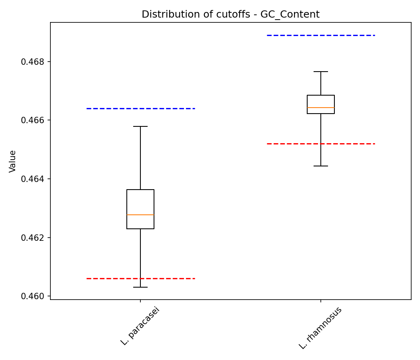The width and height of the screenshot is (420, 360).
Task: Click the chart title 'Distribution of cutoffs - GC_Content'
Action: click(x=230, y=14)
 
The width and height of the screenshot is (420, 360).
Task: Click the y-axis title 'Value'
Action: click(x=13, y=161)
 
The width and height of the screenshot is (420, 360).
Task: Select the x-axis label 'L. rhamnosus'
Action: click(x=320, y=328)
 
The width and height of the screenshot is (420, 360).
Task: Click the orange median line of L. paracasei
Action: click(x=140, y=215)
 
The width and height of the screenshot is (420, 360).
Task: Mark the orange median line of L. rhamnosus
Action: click(x=321, y=108)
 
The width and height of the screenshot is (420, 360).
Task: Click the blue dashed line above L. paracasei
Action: click(x=140, y=108)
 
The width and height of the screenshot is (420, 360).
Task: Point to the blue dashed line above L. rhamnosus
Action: click(x=321, y=35)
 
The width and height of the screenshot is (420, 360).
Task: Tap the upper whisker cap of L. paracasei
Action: click(x=140, y=126)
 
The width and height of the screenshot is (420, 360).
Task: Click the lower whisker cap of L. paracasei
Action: click(x=140, y=287)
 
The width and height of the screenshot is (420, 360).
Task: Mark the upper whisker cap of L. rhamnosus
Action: click(x=321, y=72)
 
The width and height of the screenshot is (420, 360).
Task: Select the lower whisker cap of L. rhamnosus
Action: click(x=321, y=166)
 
